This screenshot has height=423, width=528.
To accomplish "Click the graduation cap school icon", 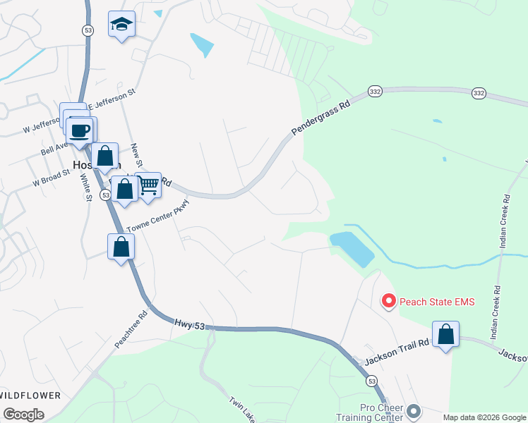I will coord(122,25).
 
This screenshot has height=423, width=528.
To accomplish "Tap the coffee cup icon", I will coord(80,130).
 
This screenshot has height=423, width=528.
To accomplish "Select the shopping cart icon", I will coord(148,186).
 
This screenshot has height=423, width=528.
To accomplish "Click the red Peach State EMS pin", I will coord(388,302).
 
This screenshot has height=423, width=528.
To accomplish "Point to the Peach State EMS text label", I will coord(438,302).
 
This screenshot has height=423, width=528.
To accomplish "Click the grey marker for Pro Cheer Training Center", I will coord(414,410).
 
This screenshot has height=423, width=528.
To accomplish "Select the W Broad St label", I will coord(51,177).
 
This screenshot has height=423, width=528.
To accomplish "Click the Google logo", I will coord(23,415).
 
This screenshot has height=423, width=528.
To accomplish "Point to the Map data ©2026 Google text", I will coord(484,417).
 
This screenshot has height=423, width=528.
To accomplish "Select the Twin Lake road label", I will coord(240,409).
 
